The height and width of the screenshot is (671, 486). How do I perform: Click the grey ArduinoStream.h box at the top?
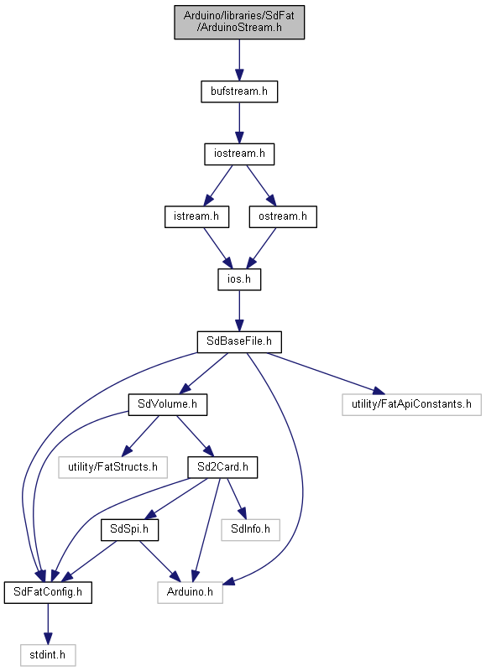click(239, 23)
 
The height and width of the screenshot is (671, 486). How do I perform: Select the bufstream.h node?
click(239, 91)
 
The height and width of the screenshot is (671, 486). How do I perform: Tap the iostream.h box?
click(239, 154)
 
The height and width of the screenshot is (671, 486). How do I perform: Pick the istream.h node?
click(196, 217)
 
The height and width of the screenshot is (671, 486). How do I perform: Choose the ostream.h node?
click(283, 217)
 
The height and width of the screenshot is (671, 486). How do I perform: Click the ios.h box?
click(239, 279)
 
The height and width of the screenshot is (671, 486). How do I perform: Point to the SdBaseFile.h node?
click(239, 342)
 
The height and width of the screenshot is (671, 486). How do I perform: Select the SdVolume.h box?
click(167, 404)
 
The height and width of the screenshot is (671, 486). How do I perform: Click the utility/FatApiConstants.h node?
click(411, 404)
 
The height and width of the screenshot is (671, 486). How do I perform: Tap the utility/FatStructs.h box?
click(112, 467)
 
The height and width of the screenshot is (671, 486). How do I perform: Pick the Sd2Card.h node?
click(222, 467)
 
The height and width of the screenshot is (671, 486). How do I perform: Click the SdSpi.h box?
click(129, 530)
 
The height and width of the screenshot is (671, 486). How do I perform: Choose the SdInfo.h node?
click(250, 530)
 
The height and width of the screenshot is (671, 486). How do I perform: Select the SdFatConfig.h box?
click(48, 593)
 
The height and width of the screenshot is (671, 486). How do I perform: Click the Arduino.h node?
click(190, 593)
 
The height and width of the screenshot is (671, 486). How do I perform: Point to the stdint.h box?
click(48, 655)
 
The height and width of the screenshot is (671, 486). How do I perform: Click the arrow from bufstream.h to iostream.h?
click(239, 122)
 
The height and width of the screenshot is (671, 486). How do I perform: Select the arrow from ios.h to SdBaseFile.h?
click(239, 310)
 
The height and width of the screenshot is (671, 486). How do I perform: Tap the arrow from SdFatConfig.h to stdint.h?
click(48, 624)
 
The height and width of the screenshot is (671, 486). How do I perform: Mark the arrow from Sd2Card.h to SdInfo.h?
click(237, 498)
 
